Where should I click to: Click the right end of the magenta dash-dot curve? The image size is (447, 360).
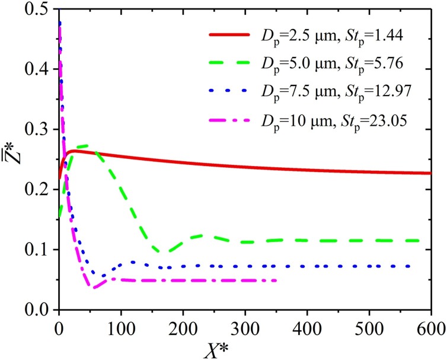click(x=276, y=281)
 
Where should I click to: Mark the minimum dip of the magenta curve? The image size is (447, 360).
click(x=92, y=288)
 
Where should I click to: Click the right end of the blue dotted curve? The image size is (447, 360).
click(x=409, y=266)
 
